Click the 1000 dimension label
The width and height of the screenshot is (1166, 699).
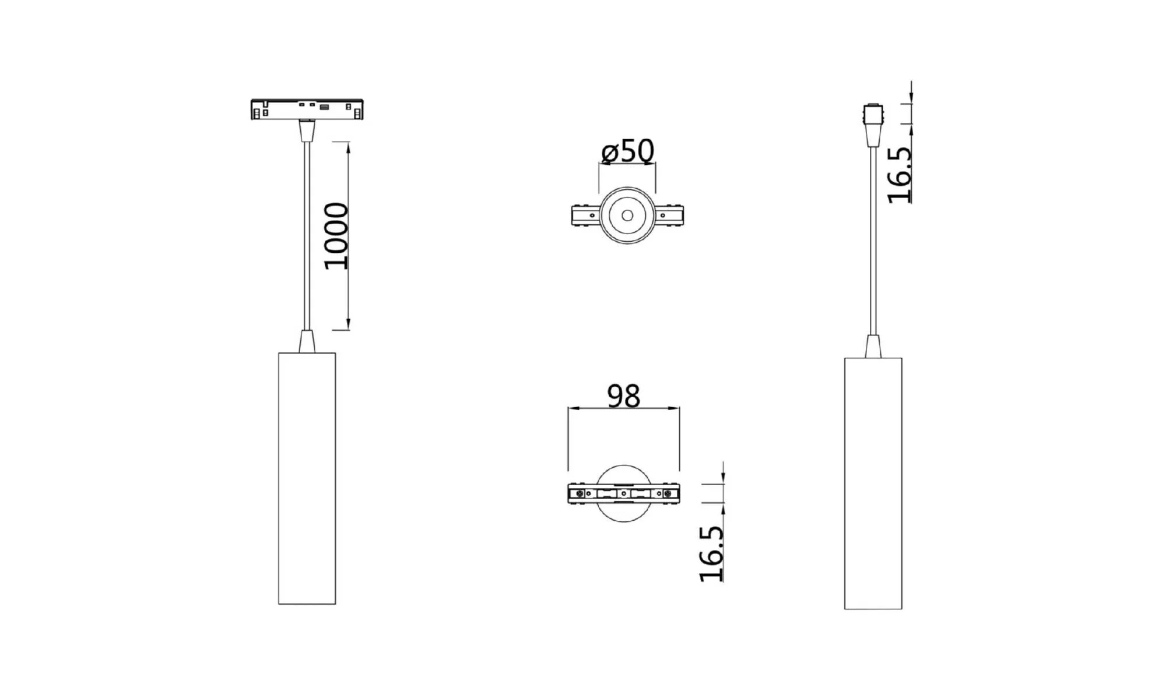pyautogui.click(x=336, y=236)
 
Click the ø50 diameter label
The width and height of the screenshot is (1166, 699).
pyautogui.click(x=628, y=151)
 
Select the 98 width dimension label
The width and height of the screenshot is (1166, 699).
pyautogui.click(x=624, y=396)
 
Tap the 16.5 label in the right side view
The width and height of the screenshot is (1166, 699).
pyautogui.click(x=899, y=175)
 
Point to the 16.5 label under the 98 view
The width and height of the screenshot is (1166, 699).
pyautogui.click(x=711, y=553)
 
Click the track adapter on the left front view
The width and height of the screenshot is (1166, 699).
pyautogui.click(x=307, y=110)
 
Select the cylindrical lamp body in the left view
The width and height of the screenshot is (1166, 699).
pyautogui.click(x=307, y=478)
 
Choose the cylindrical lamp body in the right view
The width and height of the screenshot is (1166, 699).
pyautogui.click(x=873, y=483)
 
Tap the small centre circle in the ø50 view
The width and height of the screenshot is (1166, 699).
pyautogui.click(x=627, y=216)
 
